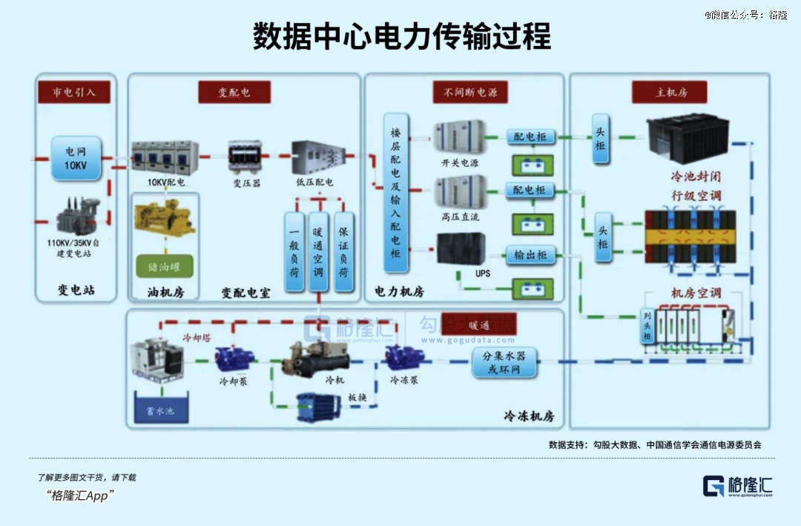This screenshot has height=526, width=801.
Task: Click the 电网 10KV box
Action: pos(76,158)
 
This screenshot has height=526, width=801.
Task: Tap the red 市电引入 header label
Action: pos(75,92)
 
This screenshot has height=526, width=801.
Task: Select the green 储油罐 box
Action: pos(164,266)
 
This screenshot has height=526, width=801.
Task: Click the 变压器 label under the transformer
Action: pos(246,183)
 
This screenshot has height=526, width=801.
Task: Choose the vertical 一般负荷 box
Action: pos(294,250)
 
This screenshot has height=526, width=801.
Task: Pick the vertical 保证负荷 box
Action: pos(343,250)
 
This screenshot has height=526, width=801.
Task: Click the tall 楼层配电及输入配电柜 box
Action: pos(396,193)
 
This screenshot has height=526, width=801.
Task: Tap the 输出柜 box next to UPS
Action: pos(531,255)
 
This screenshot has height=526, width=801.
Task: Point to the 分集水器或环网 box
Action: pos(504,363)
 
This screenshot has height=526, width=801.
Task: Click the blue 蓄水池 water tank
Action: pos(159,410)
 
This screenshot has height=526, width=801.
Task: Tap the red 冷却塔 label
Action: pos(197,338)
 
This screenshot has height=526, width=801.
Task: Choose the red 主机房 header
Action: pos(670,92)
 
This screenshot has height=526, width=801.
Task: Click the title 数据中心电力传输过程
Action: pos(401,36)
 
